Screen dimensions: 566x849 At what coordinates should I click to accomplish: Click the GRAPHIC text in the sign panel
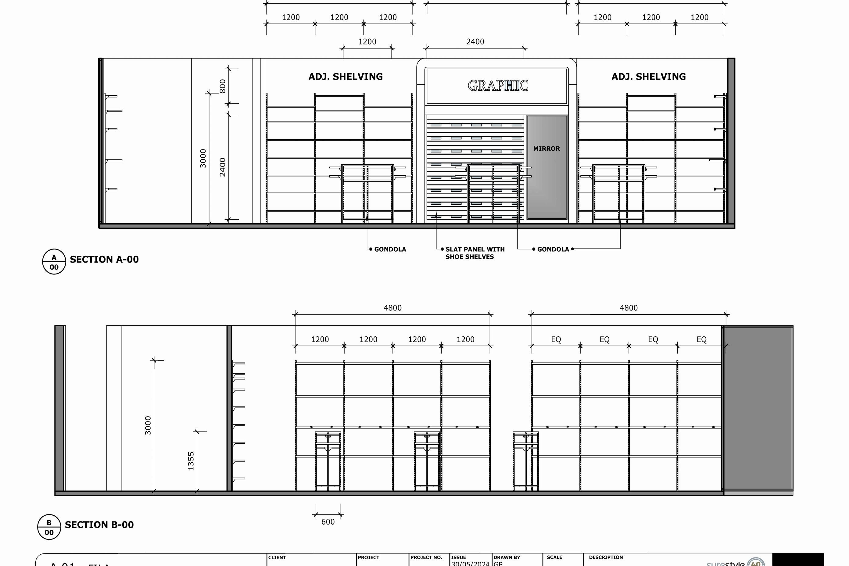(498, 86)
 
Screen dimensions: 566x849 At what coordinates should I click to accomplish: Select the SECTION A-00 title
(104, 260)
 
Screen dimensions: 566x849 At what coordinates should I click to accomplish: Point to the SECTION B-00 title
(99, 525)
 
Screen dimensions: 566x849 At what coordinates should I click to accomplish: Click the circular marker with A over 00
(54, 262)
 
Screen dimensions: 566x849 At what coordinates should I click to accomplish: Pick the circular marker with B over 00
(49, 527)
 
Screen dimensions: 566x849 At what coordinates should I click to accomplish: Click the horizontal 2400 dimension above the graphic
(475, 42)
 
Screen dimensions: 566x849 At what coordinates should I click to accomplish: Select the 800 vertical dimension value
(223, 86)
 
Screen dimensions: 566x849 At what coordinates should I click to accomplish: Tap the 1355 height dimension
(191, 461)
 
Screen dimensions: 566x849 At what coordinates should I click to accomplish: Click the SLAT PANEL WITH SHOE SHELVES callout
(475, 253)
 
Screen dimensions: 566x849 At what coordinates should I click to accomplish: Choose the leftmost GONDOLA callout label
(390, 249)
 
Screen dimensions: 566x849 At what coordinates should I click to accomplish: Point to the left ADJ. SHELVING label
(346, 77)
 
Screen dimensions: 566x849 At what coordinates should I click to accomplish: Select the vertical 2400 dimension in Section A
(223, 167)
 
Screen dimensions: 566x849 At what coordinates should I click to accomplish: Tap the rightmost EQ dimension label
(701, 340)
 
